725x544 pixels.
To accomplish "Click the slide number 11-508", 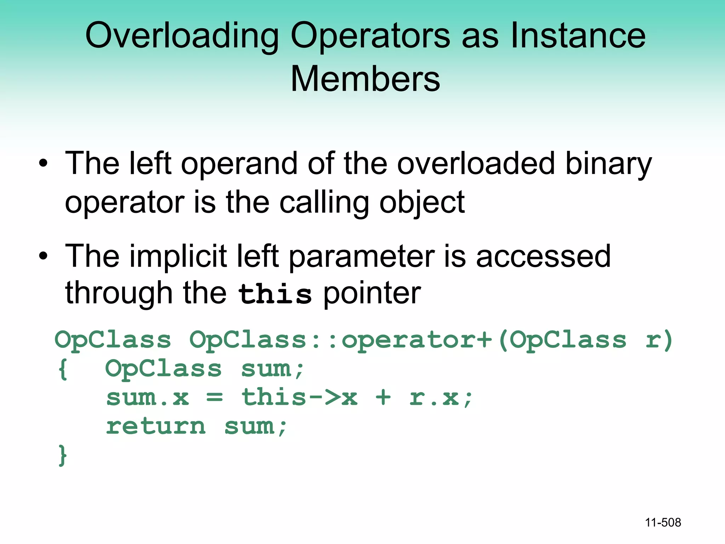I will click(x=663, y=522).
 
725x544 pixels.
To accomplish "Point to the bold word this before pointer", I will click(x=275, y=294).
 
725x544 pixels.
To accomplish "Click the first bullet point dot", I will click(x=43, y=164).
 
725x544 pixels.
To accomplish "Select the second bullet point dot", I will click(x=43, y=256).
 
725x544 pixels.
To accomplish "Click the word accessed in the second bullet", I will click(x=543, y=257).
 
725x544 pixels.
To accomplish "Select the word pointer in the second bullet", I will click(x=372, y=294).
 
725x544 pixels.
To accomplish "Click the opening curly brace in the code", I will click(x=63, y=369).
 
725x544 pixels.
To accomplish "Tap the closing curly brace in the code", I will click(x=63, y=455).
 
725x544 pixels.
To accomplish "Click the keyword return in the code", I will click(x=156, y=426).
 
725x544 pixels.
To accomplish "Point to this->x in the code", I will click(x=299, y=397).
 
